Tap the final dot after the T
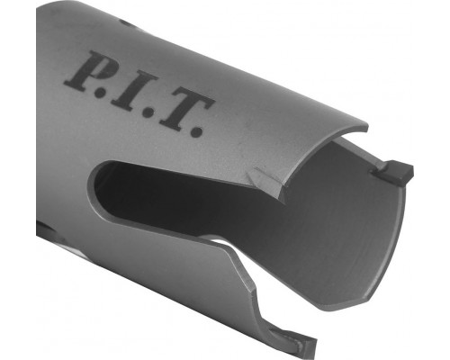[196, 131]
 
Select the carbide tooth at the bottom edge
[297, 343]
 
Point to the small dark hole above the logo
[123, 22]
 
